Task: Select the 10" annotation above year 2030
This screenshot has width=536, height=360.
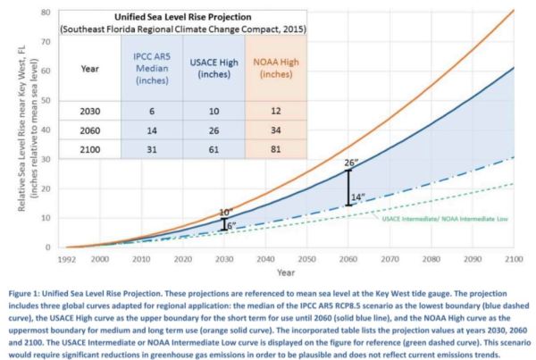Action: pyautogui.click(x=226, y=213)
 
